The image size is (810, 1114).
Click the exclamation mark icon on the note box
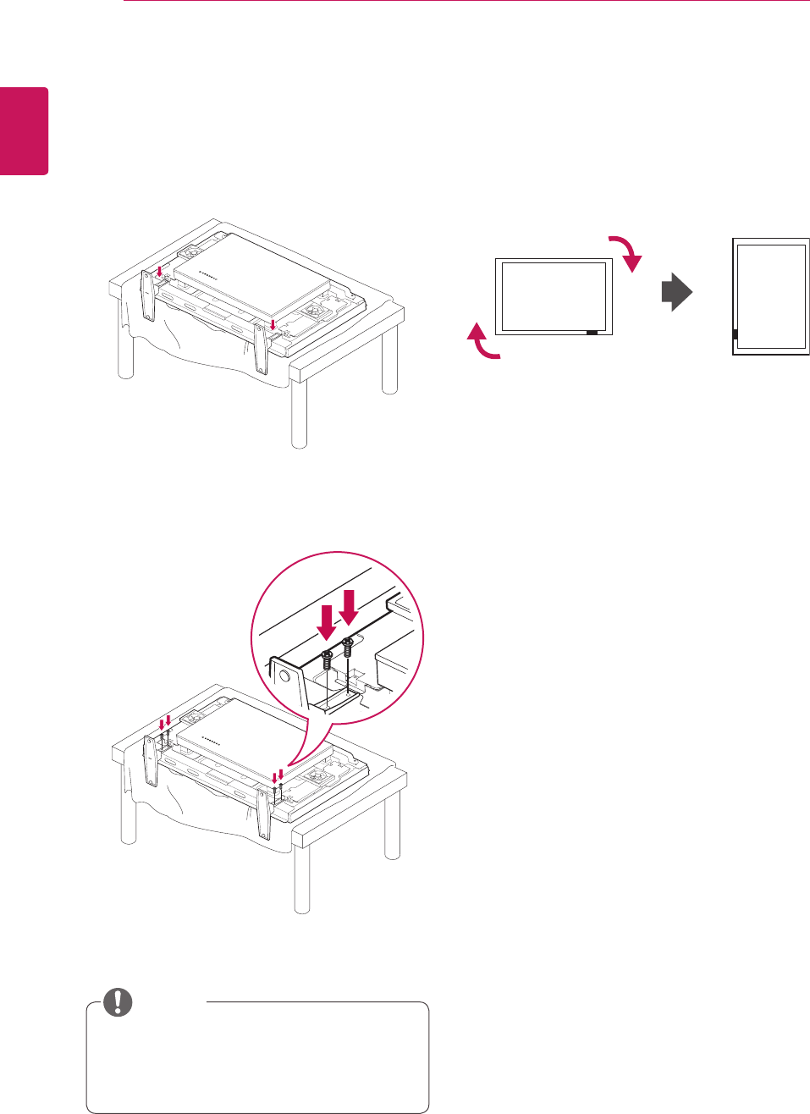pyautogui.click(x=118, y=1002)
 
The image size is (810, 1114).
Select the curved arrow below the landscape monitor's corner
pyautogui.click(x=482, y=343)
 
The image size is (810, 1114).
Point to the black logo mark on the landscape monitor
pyautogui.click(x=591, y=333)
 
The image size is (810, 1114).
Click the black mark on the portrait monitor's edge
pyautogui.click(x=735, y=334)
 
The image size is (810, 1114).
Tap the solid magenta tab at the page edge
pyautogui.click(x=24, y=131)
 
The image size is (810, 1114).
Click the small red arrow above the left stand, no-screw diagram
pyautogui.click(x=159, y=273)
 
